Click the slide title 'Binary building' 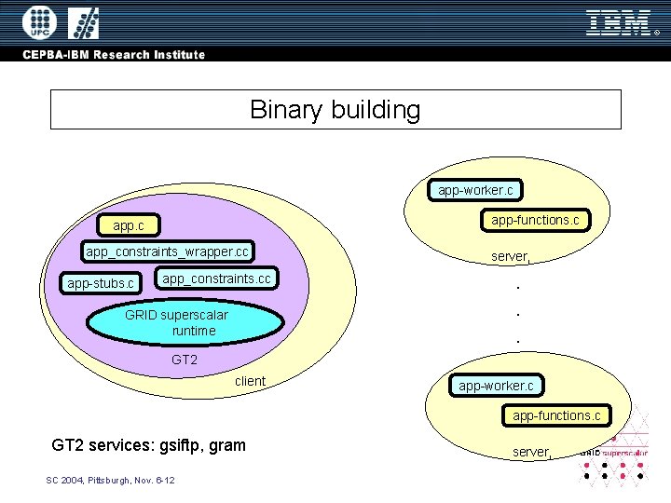[x=335, y=110]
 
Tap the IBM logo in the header [x=619, y=22]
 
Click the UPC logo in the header [x=38, y=22]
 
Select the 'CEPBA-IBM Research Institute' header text [x=114, y=54]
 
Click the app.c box [x=129, y=225]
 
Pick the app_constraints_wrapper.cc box [x=167, y=251]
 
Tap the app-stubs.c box [x=100, y=282]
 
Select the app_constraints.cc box [x=216, y=279]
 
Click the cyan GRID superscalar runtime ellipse [x=185, y=322]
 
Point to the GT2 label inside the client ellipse [x=185, y=360]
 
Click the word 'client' [x=250, y=381]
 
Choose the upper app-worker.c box [x=475, y=190]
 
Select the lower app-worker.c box [x=496, y=385]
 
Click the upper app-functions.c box [x=536, y=220]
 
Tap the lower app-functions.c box [x=556, y=415]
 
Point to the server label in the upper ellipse [x=511, y=256]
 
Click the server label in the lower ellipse [x=532, y=452]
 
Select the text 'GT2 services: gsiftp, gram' [x=149, y=445]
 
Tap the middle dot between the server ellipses [x=517, y=315]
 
